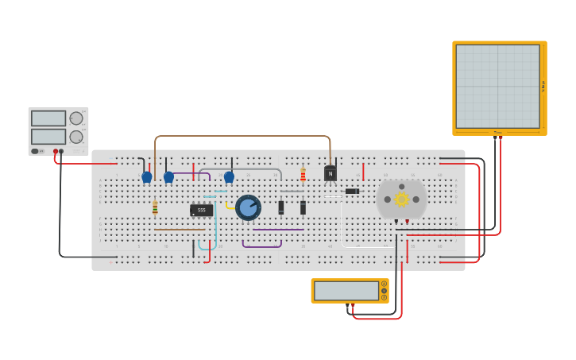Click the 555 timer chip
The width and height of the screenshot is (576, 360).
(201, 210)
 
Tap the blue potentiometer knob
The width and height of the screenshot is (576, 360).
(248, 207)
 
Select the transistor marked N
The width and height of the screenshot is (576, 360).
(330, 173)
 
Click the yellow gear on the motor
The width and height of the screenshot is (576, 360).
(401, 199)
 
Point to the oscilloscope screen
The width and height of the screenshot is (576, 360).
(498, 86)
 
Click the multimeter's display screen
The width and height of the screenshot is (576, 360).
(346, 291)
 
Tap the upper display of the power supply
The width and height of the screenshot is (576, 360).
(48, 118)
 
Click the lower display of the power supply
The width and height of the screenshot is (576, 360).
(48, 137)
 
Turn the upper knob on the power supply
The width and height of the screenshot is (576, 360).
(76, 118)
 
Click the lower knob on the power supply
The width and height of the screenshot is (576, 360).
(76, 137)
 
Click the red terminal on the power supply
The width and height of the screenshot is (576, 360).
(56, 151)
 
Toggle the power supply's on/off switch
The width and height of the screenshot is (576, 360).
(35, 151)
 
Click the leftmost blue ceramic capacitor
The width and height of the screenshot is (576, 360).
(146, 177)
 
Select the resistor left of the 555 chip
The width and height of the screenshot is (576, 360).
(155, 207)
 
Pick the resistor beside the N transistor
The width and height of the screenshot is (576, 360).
(303, 175)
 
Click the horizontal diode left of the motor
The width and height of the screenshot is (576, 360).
(352, 191)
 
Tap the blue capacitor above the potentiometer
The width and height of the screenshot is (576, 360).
(229, 177)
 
